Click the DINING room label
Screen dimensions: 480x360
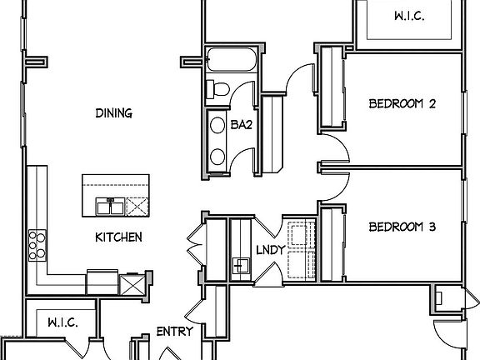(114, 113)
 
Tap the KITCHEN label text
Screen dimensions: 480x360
(118, 237)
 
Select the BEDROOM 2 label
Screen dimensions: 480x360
(402, 103)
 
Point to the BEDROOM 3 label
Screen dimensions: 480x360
(402, 227)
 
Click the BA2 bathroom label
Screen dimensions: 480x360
(241, 125)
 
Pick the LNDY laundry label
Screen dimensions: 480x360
(271, 250)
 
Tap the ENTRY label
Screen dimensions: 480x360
(175, 331)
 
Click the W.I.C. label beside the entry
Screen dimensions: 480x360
(62, 322)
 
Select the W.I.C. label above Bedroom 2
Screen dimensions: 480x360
(409, 16)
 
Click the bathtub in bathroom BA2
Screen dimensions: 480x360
(232, 59)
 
